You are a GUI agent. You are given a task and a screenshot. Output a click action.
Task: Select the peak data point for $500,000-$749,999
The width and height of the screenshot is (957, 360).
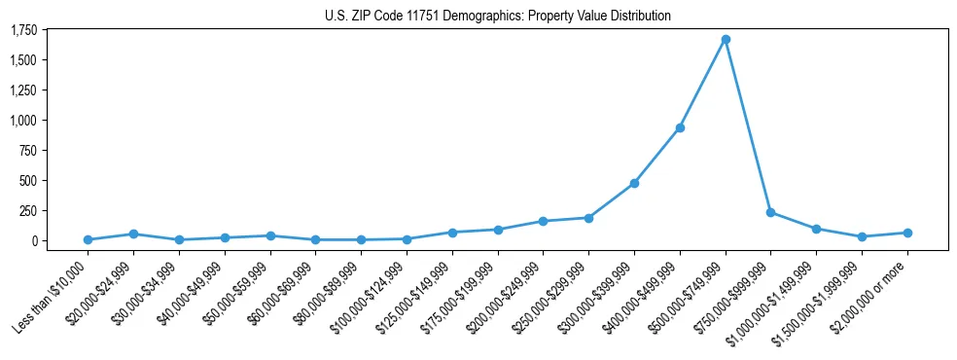[x=726, y=39]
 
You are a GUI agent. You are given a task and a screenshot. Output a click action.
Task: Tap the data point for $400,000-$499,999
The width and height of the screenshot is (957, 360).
[x=680, y=127]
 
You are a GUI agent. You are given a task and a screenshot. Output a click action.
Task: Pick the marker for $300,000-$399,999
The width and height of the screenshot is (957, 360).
[x=634, y=183]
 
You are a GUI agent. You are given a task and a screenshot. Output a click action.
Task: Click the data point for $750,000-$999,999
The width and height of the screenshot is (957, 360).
[x=770, y=212]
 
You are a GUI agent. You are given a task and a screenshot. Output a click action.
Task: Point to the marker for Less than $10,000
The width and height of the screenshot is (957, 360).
[x=88, y=239]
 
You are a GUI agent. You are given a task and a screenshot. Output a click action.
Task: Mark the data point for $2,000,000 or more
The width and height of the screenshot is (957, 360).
[x=907, y=233]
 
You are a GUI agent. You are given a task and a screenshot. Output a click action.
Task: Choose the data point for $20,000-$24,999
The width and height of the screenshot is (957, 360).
[x=133, y=234]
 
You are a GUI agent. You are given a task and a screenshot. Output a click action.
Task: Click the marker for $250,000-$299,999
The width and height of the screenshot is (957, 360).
[x=588, y=218]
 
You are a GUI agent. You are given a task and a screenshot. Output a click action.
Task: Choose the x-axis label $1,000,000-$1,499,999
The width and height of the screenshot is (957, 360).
[x=778, y=294]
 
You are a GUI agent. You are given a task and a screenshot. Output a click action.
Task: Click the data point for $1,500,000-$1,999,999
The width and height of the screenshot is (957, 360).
[x=862, y=236]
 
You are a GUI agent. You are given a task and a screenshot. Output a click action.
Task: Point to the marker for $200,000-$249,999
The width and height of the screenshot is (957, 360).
[x=543, y=221]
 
